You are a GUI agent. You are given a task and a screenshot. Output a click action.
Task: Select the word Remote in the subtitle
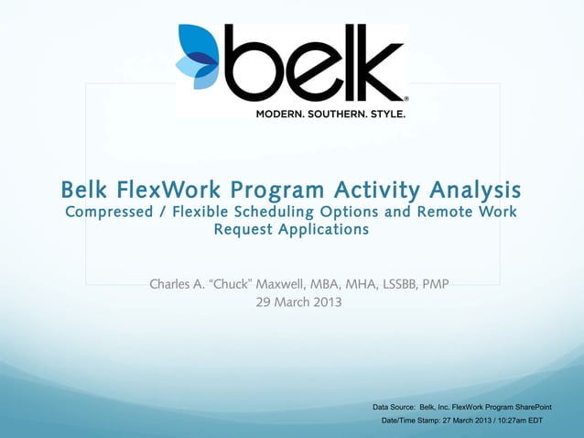tap(427, 213)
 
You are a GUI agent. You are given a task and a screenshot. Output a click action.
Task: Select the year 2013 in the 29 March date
tap(325, 302)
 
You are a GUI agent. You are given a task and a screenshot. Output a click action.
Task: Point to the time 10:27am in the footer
tap(502, 420)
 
